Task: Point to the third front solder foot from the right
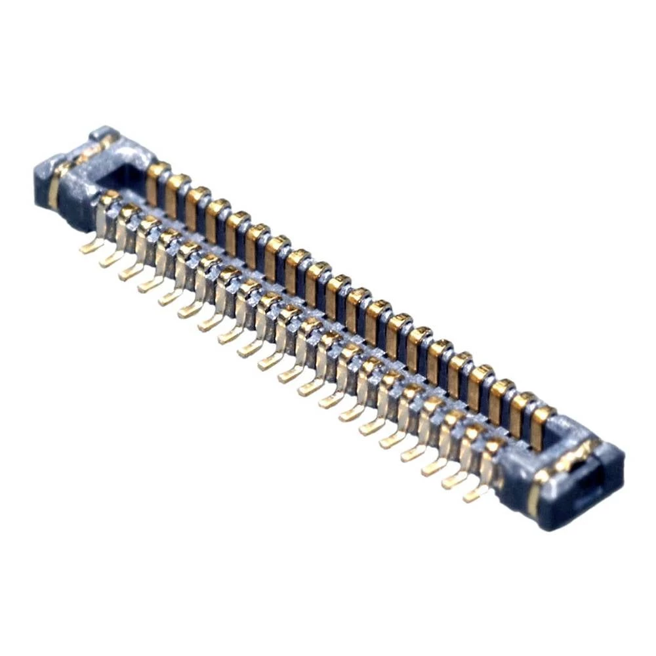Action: (x=433, y=467)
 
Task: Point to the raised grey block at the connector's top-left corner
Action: (x=103, y=136)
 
